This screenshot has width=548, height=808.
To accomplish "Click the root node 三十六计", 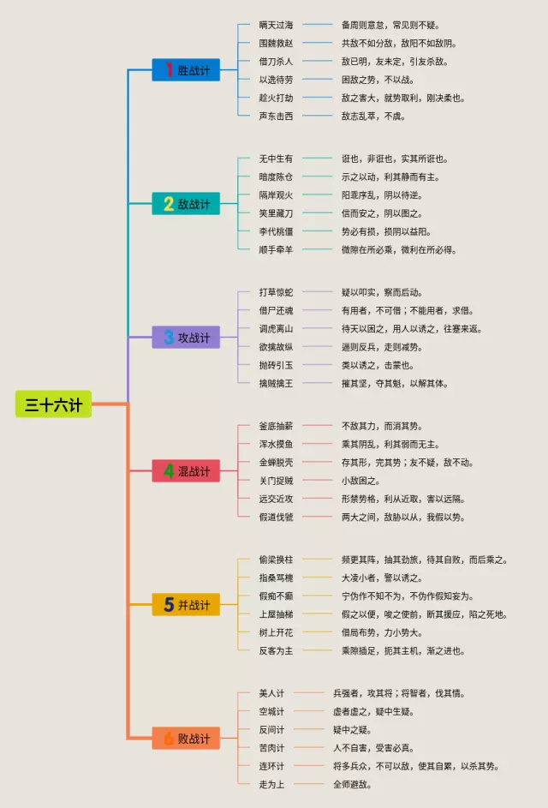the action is click(53, 404).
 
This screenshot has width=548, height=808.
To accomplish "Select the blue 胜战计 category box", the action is click(186, 70).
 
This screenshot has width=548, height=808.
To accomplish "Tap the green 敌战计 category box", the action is click(186, 204).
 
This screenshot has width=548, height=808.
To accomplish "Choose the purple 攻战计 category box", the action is click(186, 338).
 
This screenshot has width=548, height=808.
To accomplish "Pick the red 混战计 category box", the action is click(186, 470).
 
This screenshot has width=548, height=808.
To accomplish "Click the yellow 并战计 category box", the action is click(186, 605).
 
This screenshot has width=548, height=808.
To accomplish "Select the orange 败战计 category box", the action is click(186, 738).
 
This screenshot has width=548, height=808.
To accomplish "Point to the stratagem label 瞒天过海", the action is click(276, 25).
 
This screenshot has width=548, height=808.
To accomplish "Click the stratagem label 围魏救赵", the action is click(276, 43).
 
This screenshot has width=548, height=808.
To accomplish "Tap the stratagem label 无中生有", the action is click(276, 159).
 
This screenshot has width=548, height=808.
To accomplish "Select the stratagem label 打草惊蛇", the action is click(276, 292).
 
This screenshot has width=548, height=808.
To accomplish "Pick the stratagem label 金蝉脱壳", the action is click(276, 462).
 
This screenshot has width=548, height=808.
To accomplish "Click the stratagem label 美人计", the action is click(271, 692).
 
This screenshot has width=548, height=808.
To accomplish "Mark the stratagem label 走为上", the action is click(271, 784).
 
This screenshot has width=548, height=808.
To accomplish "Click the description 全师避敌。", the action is click(352, 784).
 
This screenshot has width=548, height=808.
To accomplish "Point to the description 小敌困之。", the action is click(360, 480).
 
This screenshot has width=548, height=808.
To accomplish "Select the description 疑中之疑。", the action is click(352, 729).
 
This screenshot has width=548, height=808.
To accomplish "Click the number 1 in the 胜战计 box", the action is click(169, 70).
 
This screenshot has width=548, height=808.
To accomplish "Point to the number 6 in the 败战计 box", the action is click(169, 738).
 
